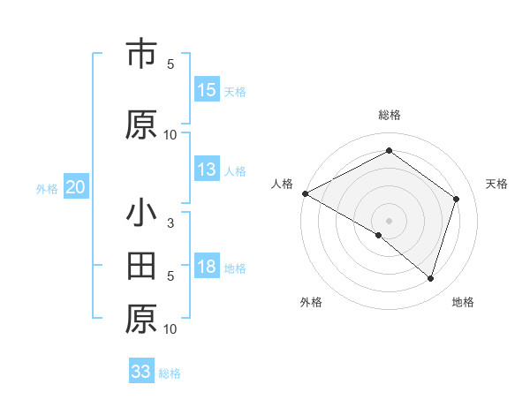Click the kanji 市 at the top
141,55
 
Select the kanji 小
141,215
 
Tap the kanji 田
141,266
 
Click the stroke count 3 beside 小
170,223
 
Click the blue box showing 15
207,90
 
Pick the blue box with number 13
207,170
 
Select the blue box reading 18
207,268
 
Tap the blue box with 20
76,188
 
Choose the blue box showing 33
141,372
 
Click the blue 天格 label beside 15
235,91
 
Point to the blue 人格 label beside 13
235,171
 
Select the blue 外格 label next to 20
47,189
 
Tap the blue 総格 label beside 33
170,373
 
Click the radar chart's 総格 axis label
390,115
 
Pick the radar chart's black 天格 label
497,184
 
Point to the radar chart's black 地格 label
463,302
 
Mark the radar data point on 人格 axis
305,193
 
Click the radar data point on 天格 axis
457,199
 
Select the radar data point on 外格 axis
379,236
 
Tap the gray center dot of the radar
390,220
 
